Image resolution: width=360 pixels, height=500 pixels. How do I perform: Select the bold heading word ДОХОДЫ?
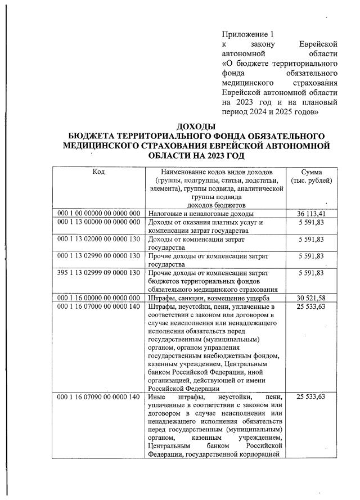click(x=196, y=127)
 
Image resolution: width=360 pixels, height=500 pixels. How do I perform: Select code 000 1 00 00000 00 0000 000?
click(x=98, y=214)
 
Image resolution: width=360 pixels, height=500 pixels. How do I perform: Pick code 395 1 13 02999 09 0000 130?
click(x=98, y=273)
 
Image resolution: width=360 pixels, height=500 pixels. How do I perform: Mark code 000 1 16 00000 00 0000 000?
click(x=98, y=298)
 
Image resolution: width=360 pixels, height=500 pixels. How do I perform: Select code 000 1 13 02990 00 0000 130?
click(x=98, y=256)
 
